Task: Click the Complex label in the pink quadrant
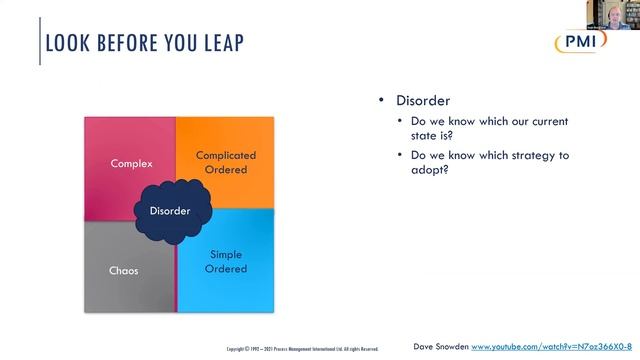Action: coord(131,162)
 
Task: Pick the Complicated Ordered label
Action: coord(226,162)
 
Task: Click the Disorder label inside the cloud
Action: coord(170,211)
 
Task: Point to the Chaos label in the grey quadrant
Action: coord(123,270)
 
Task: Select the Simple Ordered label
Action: coord(226,261)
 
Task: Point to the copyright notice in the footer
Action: coord(302,349)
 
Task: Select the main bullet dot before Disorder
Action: coord(381,101)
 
